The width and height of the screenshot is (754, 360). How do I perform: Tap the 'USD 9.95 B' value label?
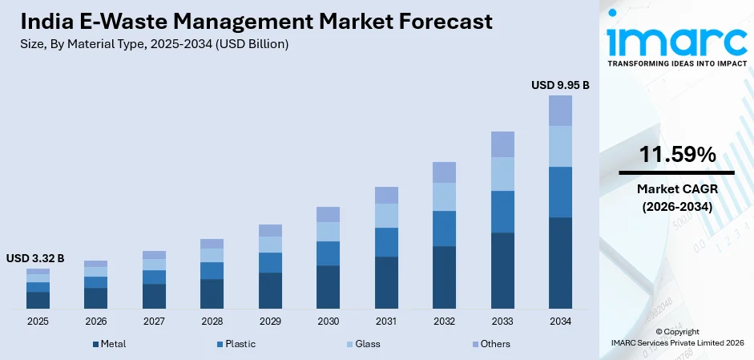point(560,84)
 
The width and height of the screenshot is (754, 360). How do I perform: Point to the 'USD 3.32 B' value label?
point(35,258)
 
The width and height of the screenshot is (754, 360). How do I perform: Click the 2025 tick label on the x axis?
point(38,322)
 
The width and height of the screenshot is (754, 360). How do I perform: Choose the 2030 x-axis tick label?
point(328,322)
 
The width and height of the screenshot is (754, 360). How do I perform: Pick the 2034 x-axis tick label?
point(560,322)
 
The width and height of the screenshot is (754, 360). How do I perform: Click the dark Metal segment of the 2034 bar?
point(560,263)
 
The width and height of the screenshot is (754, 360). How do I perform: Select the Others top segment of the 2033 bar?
point(502,144)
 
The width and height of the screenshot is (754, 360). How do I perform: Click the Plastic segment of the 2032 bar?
point(444,229)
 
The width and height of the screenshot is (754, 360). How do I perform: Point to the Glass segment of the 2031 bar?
point(386,216)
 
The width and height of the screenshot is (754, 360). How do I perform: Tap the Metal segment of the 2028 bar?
point(212,293)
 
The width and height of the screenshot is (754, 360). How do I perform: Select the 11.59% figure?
point(676,156)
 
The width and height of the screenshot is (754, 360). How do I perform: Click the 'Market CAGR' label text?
point(676,189)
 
